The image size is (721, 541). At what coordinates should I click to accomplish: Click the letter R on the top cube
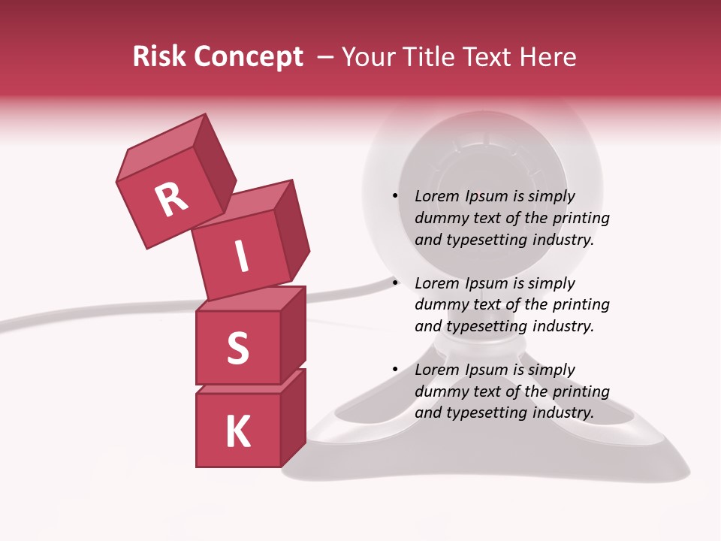click(x=171, y=199)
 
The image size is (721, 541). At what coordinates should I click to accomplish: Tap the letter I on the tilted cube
click(x=241, y=257)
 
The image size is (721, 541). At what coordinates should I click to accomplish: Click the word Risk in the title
click(x=159, y=57)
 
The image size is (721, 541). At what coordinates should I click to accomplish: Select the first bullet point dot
click(x=394, y=196)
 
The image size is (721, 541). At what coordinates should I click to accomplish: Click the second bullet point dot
click(x=394, y=283)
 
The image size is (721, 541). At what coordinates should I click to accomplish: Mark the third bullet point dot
click(x=394, y=370)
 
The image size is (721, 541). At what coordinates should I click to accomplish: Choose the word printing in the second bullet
click(x=581, y=305)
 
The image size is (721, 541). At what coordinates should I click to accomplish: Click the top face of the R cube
click(x=162, y=147)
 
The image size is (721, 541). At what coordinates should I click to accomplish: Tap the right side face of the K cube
click(x=293, y=416)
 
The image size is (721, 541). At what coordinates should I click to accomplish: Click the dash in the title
click(x=326, y=57)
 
